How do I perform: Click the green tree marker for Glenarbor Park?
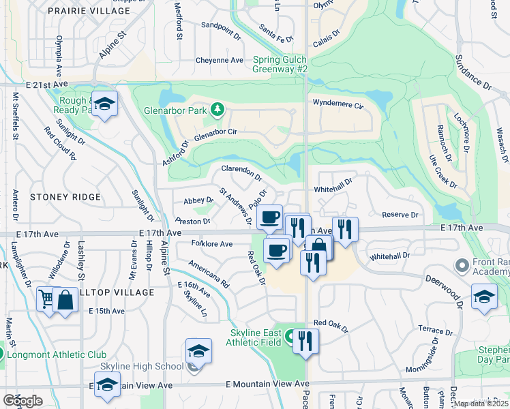click(x=217, y=109)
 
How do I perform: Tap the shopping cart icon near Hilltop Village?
click(x=46, y=299)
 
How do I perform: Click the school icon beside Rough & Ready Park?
click(x=104, y=104)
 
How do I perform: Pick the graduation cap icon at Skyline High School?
click(x=198, y=350)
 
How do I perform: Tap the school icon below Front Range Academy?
click(x=484, y=297)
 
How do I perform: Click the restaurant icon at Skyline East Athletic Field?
click(x=306, y=339)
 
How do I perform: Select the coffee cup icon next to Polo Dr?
click(x=269, y=217)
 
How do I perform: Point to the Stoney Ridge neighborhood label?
click(x=65, y=197)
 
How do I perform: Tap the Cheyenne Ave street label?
click(x=220, y=61)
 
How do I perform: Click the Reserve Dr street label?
click(x=400, y=215)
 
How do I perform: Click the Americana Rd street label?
click(x=209, y=275)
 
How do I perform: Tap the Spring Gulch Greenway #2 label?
click(x=281, y=64)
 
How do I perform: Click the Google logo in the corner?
click(x=22, y=401)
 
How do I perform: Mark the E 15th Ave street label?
click(x=106, y=311)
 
